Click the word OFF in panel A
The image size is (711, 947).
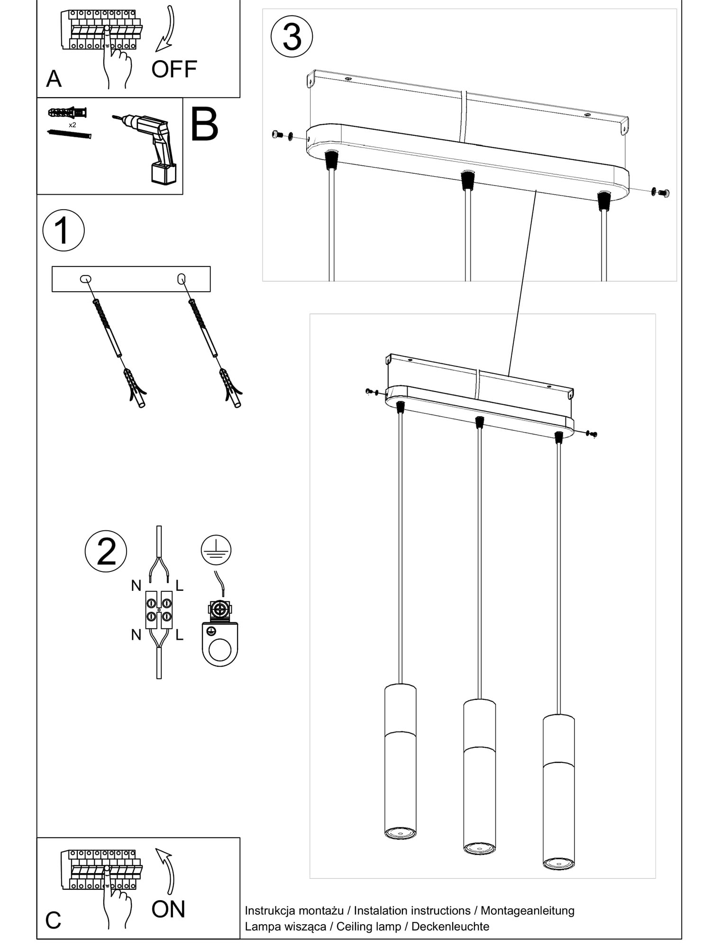[x=174, y=70]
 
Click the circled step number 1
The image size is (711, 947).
[x=64, y=231]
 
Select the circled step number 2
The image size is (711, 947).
[x=106, y=551]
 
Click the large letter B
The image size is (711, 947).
[x=204, y=125]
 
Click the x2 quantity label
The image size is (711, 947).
[x=72, y=125]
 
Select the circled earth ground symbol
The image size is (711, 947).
[x=216, y=550]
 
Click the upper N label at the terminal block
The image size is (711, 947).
[x=136, y=586]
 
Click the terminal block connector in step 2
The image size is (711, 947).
[x=159, y=610]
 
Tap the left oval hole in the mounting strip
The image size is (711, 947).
[x=86, y=279]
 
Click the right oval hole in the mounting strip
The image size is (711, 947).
[x=181, y=278]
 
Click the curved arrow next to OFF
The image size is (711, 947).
[x=166, y=31]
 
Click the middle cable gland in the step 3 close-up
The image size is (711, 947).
[x=467, y=180]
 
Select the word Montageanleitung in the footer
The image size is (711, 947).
[x=527, y=911]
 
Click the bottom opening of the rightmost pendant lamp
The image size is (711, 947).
[x=558, y=864]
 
